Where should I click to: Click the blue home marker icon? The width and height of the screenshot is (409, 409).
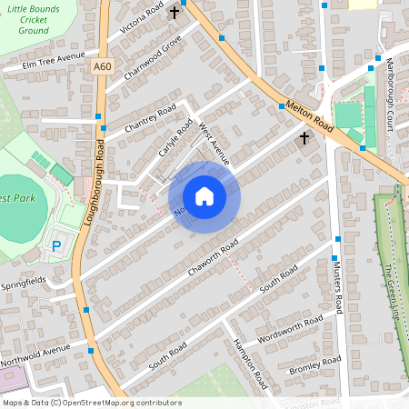(x=204, y=196)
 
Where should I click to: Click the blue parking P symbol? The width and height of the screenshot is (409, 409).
(x=56, y=245)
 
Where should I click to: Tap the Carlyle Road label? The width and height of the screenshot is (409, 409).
(x=176, y=139)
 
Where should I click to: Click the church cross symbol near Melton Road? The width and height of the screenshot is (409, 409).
(x=304, y=137)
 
